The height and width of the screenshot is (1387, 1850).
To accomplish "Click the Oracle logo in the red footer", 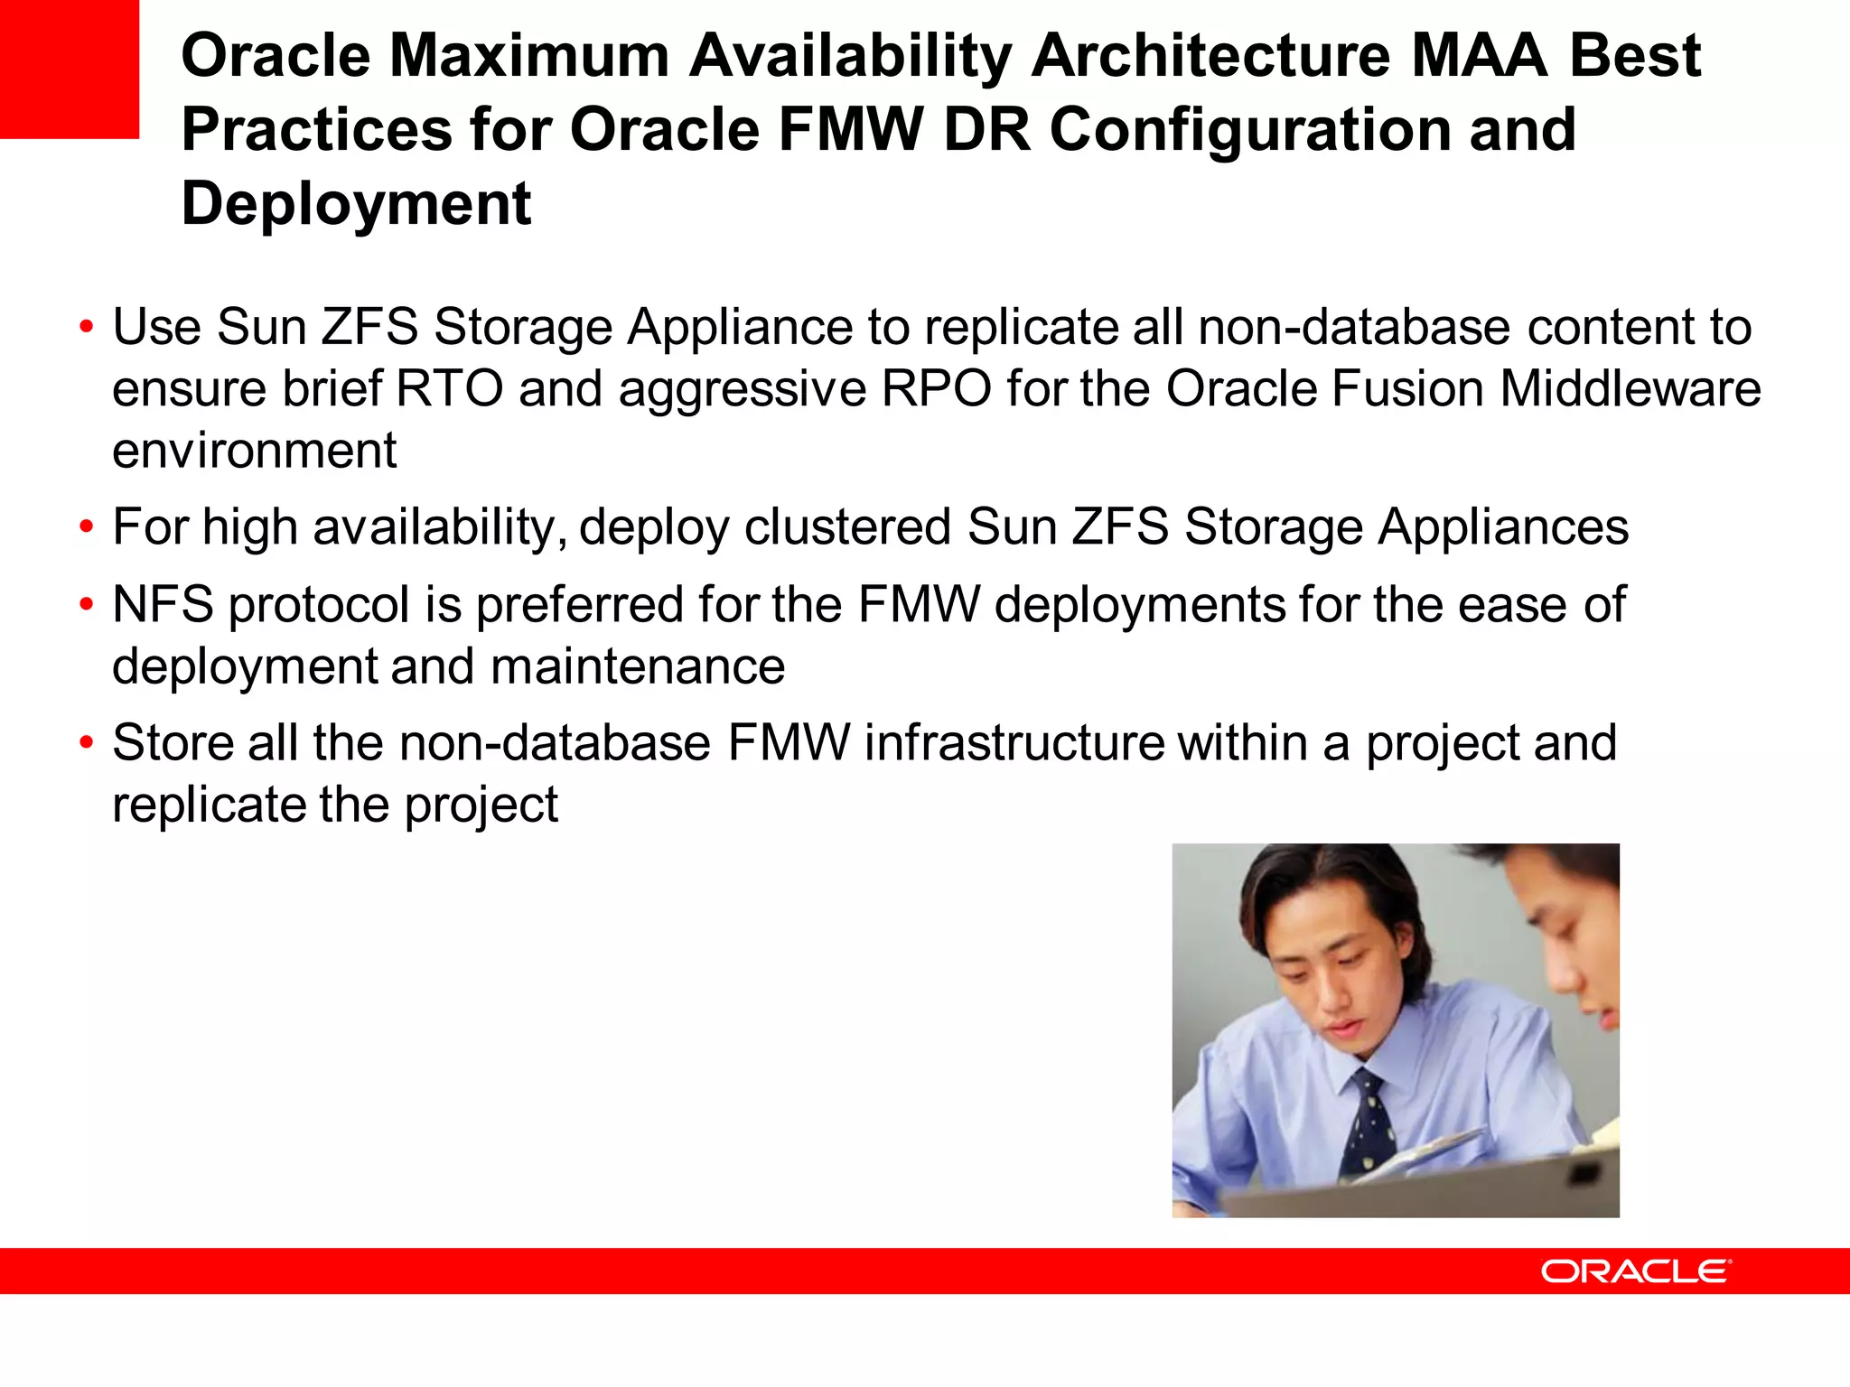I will (x=1635, y=1271).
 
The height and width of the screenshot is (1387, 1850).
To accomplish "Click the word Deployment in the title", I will (x=356, y=204).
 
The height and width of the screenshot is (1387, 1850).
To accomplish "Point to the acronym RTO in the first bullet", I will (x=449, y=389).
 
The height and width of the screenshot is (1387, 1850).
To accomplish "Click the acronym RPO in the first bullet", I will (x=936, y=389).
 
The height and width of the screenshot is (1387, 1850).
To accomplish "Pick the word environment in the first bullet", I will (x=254, y=451).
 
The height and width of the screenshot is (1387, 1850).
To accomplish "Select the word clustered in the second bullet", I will (x=847, y=527).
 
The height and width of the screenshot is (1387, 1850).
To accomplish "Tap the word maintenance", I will (x=638, y=666).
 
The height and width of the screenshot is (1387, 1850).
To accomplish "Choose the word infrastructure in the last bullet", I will (x=1014, y=743).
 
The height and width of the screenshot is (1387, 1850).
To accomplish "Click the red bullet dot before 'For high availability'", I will (x=86, y=527).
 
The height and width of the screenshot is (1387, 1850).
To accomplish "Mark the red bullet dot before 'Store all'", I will (x=86, y=743).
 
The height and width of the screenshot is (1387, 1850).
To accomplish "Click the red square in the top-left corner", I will (x=69, y=69).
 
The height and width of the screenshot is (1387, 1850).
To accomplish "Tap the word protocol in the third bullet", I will (x=319, y=606).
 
